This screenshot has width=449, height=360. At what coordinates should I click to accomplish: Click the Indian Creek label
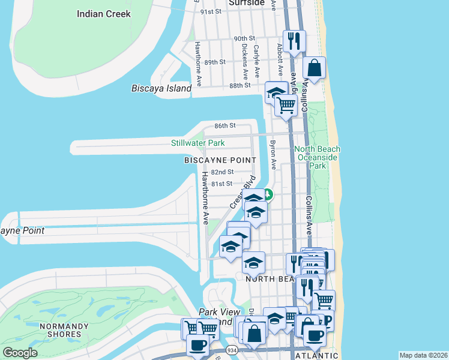coord(103,13)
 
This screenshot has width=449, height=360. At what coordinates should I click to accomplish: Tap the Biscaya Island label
coord(161,88)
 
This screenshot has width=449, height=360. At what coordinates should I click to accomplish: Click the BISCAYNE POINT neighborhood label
coord(220,160)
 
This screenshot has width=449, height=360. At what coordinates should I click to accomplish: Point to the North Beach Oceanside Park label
coord(317,154)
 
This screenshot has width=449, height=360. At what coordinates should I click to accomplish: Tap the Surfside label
coord(246,3)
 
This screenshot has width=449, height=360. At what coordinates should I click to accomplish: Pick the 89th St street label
coord(214,62)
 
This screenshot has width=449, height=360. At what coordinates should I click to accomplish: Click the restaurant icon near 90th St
coord(294,41)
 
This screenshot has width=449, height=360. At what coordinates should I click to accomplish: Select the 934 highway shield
coord(231,350)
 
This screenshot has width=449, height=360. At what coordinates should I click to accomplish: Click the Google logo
coord(20,353)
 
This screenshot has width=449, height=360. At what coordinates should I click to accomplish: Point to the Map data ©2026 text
coord(423,355)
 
